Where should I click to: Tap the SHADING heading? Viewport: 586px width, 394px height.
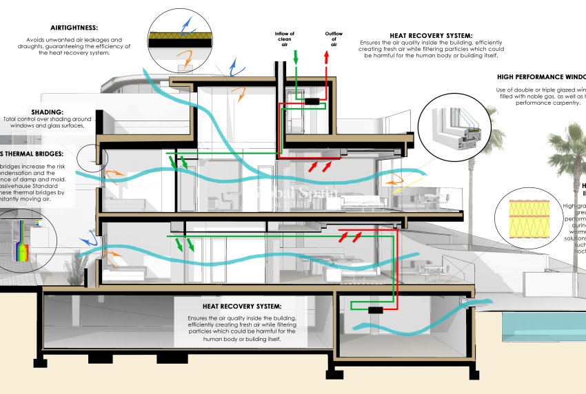pyautogui.click(x=47, y=112)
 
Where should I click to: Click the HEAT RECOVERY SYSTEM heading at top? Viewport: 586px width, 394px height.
pyautogui.click(x=431, y=35)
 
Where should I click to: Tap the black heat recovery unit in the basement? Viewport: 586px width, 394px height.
pyautogui.click(x=375, y=311)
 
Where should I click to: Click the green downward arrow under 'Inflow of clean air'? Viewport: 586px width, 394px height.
pyautogui.click(x=296, y=58)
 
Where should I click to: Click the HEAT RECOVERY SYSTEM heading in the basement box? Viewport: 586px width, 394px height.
pyautogui.click(x=241, y=306)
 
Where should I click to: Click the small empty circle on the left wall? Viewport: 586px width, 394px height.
pyautogui.click(x=90, y=158)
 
